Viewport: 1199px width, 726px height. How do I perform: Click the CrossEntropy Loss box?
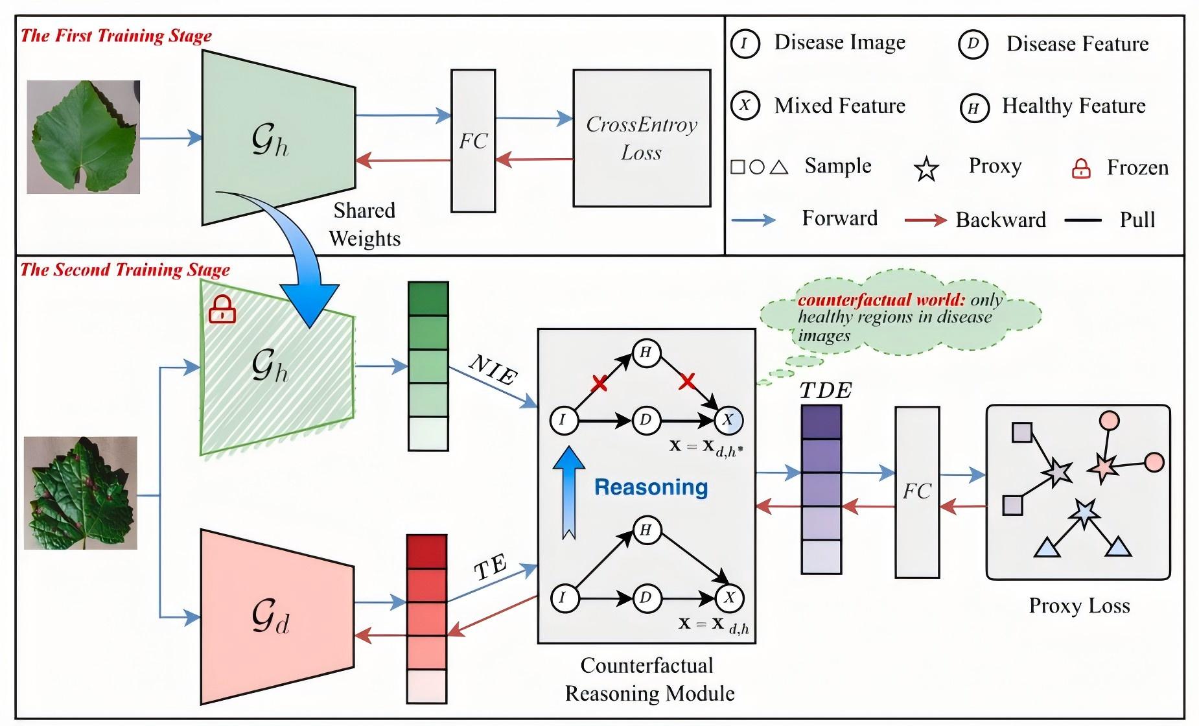pos(642,138)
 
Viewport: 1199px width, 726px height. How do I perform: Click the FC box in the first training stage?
pos(473,141)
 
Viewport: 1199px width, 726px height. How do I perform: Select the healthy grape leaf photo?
pos(83,137)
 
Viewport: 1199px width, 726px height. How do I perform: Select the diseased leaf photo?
pos(80,493)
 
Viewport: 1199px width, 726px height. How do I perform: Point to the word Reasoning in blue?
pos(651,487)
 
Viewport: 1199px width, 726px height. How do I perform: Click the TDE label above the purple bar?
pos(825,390)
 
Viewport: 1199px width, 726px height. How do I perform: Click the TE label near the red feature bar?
pos(490,568)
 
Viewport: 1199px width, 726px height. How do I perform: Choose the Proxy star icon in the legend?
pos(926,169)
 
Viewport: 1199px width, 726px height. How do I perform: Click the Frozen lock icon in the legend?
pos(1080,169)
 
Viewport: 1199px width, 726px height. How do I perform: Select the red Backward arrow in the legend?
pos(925,220)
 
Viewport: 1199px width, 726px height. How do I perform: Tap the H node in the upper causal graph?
pos(646,353)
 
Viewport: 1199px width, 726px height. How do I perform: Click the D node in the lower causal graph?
pos(646,598)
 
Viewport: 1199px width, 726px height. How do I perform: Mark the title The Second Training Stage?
pos(125,270)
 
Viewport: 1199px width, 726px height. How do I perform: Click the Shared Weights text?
pos(364,224)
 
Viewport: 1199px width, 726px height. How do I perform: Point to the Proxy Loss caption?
pos(1079,605)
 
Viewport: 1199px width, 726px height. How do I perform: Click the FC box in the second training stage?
pos(917,491)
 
